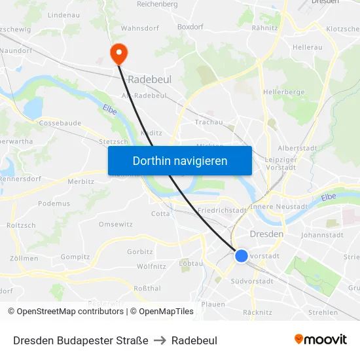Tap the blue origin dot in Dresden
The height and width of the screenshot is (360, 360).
(242, 256)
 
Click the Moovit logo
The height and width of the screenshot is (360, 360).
(321, 340)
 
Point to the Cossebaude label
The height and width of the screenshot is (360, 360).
(60, 123)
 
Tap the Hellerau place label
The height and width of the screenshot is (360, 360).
(308, 48)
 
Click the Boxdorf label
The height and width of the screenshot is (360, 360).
(190, 27)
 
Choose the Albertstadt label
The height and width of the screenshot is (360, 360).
(298, 149)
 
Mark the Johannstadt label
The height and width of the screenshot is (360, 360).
(322, 235)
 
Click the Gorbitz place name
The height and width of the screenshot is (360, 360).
(140, 251)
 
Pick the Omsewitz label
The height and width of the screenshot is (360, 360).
(115, 225)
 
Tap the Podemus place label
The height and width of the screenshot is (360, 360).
(54, 204)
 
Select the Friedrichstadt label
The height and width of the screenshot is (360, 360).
(222, 210)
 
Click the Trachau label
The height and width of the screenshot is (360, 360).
(209, 122)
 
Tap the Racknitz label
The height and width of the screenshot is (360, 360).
(257, 312)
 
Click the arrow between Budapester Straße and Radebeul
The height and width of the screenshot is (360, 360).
(160, 340)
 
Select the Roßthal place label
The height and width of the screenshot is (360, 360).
(147, 288)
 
